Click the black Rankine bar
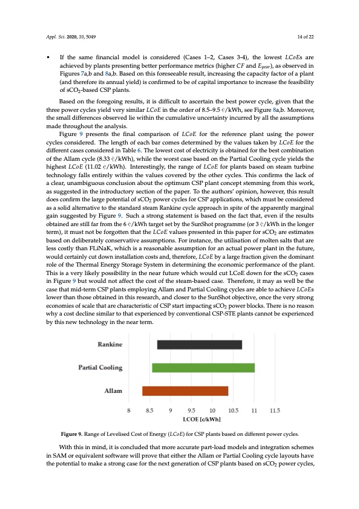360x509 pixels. [x=200, y=345]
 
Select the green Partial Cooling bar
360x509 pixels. [x=203, y=368]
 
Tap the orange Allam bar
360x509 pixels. [x=185, y=391]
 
